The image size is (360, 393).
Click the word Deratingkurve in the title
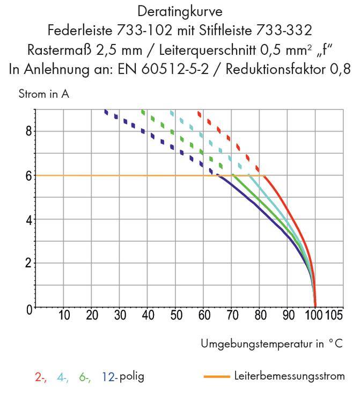click(180, 11)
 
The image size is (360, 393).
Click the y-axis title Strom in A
click(43, 95)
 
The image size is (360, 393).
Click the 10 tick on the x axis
click(64, 315)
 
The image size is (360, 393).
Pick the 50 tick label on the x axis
click(176, 315)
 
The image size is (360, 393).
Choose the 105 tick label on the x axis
click(334, 315)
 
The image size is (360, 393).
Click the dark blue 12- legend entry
click(109, 377)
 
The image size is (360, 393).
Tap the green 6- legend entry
click(85, 377)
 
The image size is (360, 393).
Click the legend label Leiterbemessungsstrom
click(289, 376)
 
